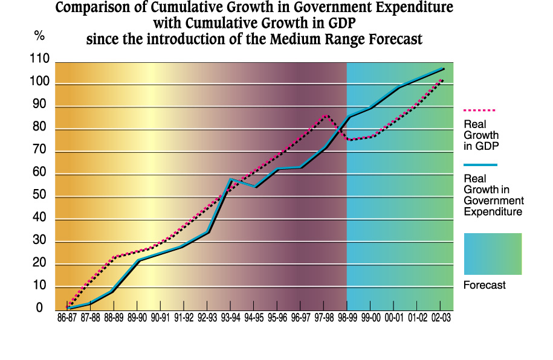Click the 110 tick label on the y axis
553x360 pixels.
coord(40,59)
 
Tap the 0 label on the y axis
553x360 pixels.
coord(40,309)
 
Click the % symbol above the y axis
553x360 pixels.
coord(40,36)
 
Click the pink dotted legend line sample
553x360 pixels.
coord(479,111)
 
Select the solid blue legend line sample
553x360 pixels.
coord(480,164)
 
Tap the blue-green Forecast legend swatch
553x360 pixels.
coord(493,254)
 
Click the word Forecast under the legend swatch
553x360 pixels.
coord(485,285)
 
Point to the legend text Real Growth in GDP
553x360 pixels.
coord(481,135)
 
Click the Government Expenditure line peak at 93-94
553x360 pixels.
coord(230,179)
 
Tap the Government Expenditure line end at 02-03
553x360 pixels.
coord(444,68)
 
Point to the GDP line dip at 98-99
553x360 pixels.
coord(348,140)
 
